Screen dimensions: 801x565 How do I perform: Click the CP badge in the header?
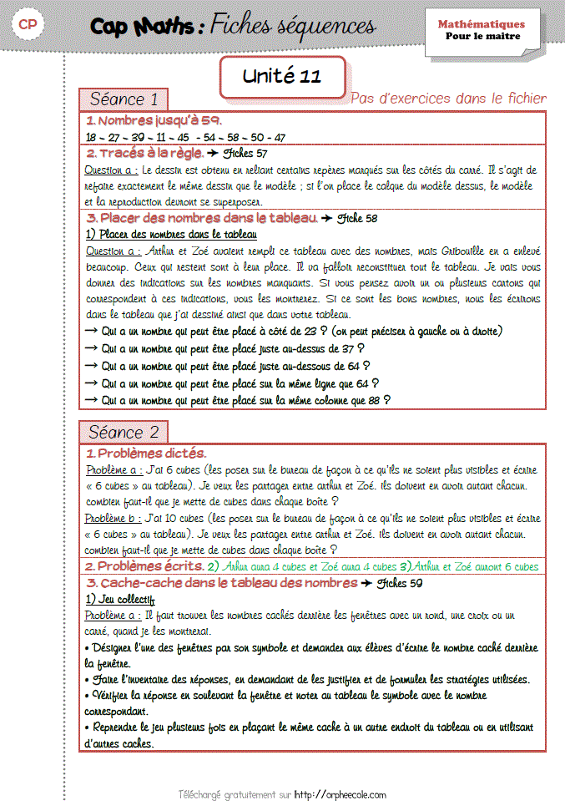click(x=27, y=25)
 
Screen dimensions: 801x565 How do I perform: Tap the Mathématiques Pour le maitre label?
click(x=482, y=30)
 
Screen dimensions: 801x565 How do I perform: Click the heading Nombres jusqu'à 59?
click(x=154, y=121)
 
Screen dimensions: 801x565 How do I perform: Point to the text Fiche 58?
click(x=357, y=219)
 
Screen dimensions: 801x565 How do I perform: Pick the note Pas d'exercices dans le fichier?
click(x=448, y=99)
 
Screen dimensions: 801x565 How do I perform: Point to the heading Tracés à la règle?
click(x=146, y=154)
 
